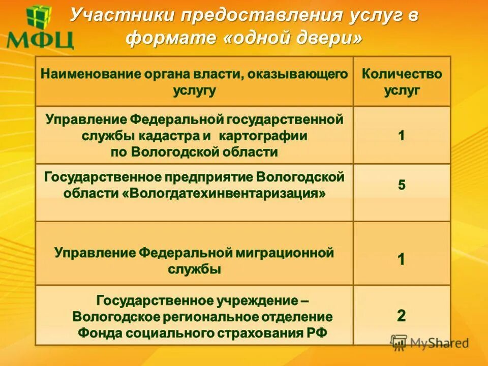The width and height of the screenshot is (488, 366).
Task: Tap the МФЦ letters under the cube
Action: pos(41,40)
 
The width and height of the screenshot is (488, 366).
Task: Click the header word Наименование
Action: pos(89,74)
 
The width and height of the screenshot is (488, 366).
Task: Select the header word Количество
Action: pos(402,74)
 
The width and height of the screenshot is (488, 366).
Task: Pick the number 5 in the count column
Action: pos(402,185)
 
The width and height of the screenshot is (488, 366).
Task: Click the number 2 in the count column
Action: pos(402,316)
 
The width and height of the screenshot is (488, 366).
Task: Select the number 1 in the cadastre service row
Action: pos(402,136)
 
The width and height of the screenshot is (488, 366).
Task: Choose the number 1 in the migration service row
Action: pos(402,260)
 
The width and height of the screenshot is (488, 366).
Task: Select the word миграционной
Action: pos(284,253)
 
